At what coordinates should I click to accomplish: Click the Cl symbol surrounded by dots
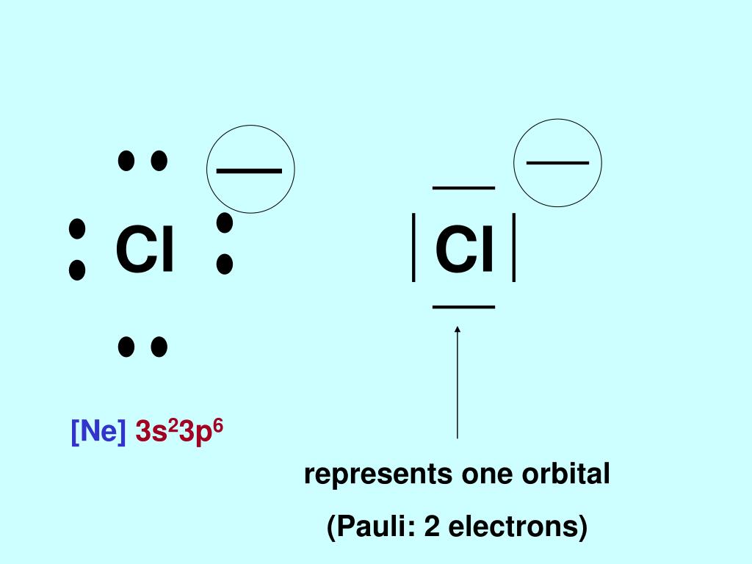(145, 249)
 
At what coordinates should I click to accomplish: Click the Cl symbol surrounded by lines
(464, 249)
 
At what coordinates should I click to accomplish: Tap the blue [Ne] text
(98, 432)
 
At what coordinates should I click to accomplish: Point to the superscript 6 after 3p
(217, 424)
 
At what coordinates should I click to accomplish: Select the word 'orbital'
(565, 474)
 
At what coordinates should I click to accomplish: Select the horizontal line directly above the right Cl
(463, 188)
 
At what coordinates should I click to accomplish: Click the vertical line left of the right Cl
(415, 247)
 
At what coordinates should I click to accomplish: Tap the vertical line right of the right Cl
(514, 247)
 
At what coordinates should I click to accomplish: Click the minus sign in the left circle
(250, 170)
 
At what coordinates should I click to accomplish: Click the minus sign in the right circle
(558, 162)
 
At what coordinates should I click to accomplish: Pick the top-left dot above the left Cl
(126, 160)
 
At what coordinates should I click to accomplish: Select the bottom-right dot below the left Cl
(159, 347)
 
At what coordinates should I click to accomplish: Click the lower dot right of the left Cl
(225, 264)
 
